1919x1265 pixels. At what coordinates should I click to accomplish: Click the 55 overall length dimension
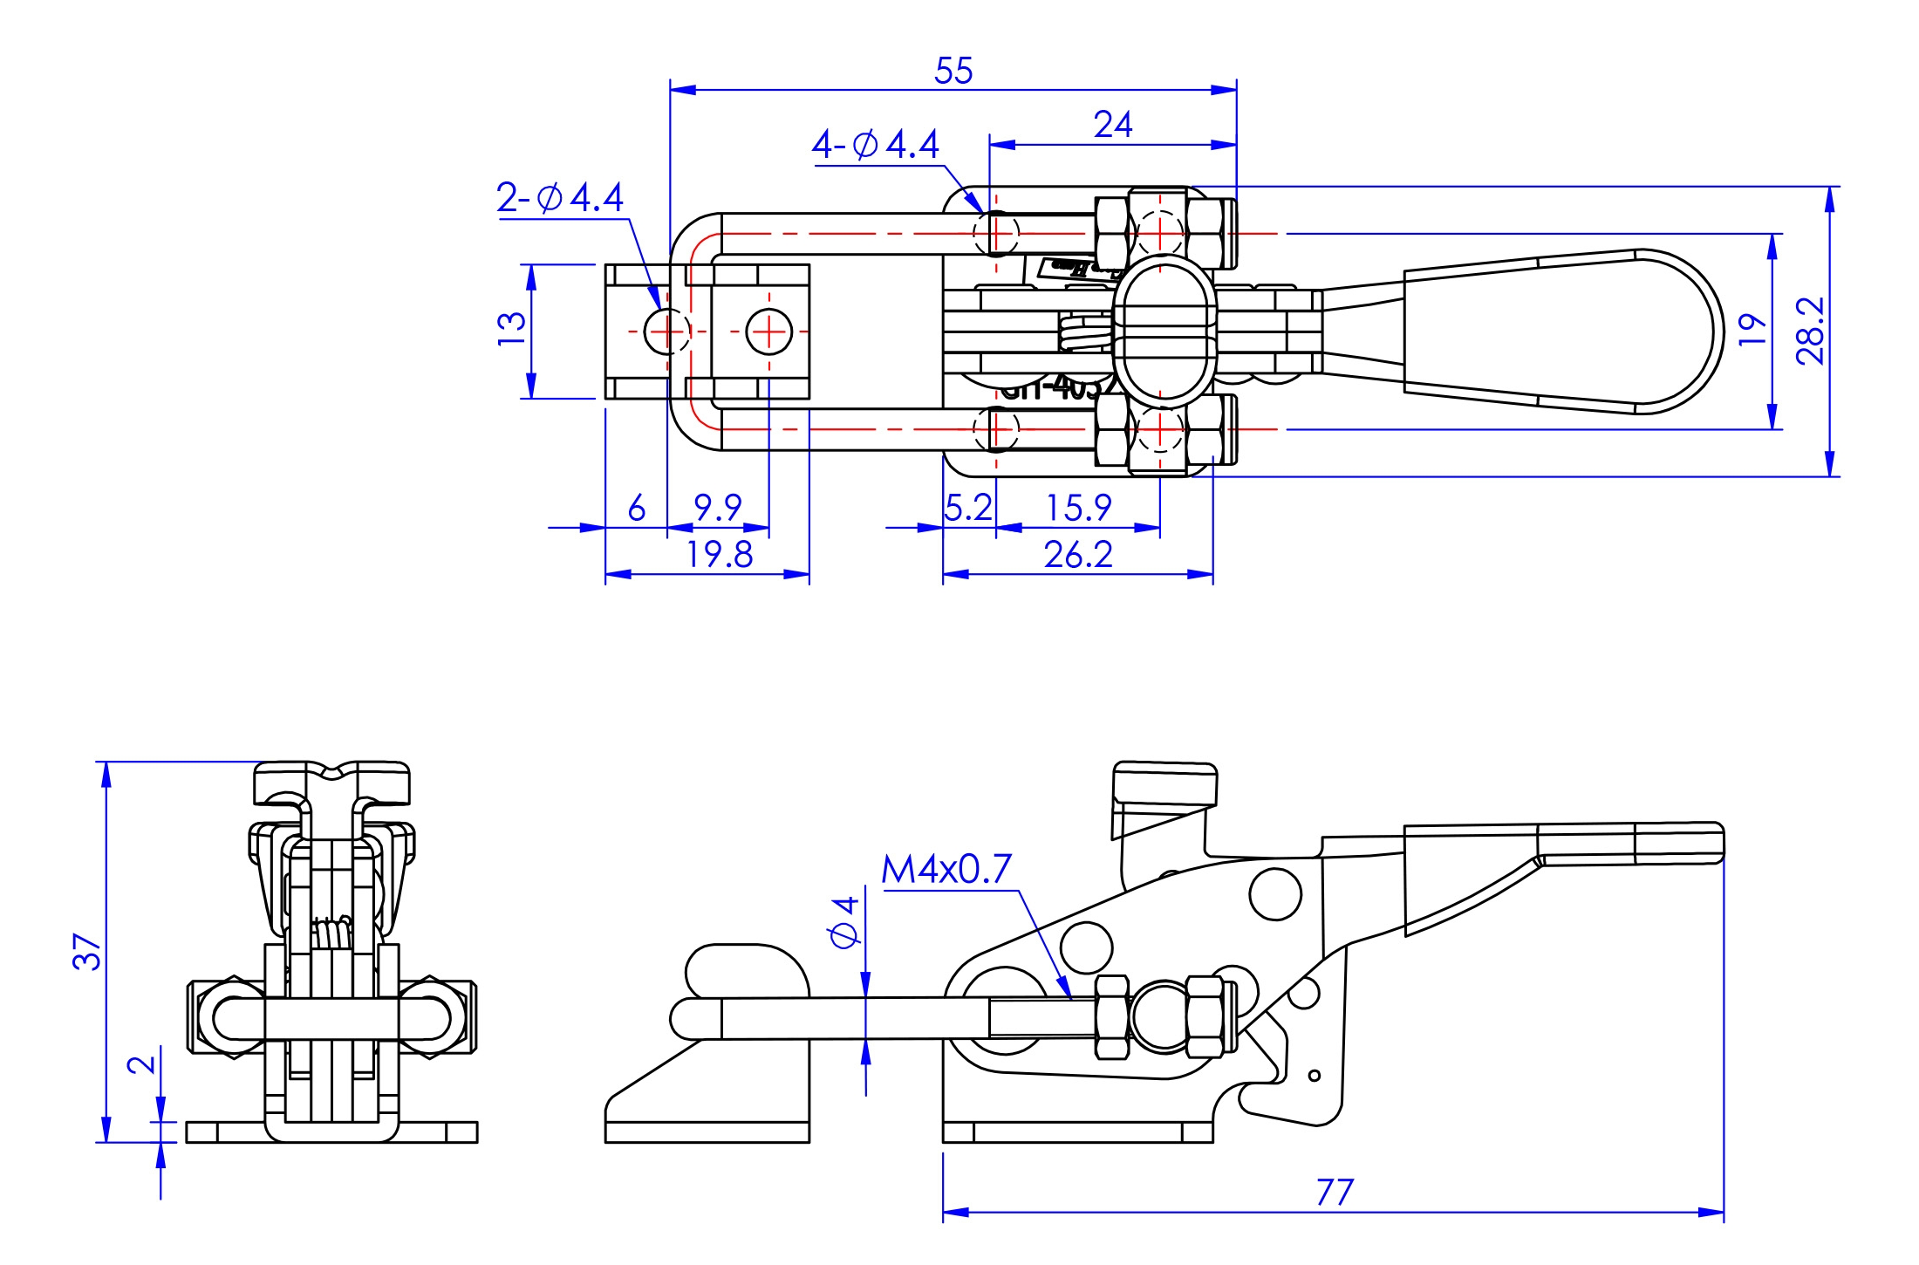tap(953, 71)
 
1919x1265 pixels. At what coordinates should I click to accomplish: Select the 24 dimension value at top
tap(1113, 125)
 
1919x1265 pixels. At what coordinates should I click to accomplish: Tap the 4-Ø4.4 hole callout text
tap(875, 144)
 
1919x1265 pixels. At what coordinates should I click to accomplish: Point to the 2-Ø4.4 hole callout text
tap(559, 198)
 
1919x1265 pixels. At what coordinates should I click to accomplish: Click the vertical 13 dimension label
tap(512, 329)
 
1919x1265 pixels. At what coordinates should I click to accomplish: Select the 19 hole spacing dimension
tap(1752, 330)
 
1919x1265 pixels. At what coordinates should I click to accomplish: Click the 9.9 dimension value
tap(717, 507)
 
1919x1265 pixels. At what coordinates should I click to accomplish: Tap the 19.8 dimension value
tap(719, 555)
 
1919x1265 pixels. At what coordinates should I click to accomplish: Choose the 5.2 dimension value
tap(968, 507)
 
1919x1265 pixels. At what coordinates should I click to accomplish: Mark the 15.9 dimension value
tap(1078, 507)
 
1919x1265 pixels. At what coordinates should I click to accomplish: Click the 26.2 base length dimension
tap(1078, 555)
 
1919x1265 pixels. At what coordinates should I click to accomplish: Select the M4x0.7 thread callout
tap(946, 869)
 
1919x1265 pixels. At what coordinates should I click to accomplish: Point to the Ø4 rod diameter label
tap(844, 921)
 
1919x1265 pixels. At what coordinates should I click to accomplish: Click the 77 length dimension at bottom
tap(1335, 1192)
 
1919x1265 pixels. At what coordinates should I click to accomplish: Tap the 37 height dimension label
tap(87, 951)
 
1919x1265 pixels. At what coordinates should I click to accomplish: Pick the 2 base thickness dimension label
tap(141, 1064)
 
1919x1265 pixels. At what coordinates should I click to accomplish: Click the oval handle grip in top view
tap(1561, 332)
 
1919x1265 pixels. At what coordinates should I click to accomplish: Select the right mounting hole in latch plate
tap(769, 332)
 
